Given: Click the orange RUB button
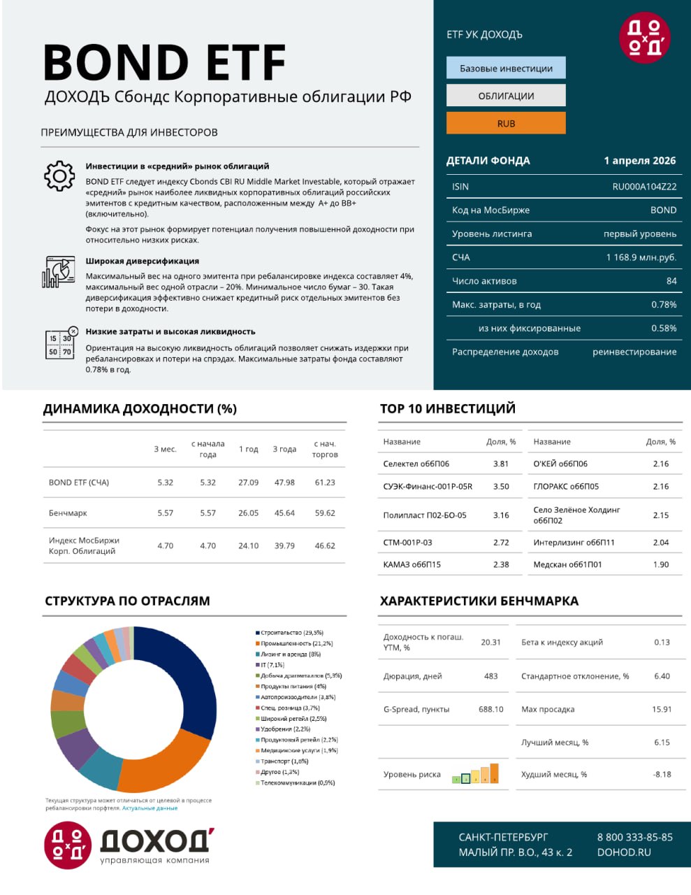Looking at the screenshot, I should click(x=506, y=123).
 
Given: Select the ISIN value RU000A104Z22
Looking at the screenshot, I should click(x=644, y=187).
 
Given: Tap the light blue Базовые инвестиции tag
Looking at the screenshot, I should click(x=506, y=68).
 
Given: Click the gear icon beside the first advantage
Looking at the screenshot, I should click(x=59, y=176).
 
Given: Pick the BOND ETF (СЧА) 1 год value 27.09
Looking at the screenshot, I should click(x=248, y=482).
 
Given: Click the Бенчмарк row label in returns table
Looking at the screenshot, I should click(x=68, y=513).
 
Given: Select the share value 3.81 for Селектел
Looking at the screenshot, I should click(x=501, y=464).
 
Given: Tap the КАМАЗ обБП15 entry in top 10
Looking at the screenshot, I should click(x=412, y=564).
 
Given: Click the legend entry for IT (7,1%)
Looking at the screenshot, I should click(x=272, y=665).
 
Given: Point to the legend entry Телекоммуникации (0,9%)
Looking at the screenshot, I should click(x=297, y=783).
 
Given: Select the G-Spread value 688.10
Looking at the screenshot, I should click(x=490, y=709).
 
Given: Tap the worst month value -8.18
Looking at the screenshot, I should click(x=662, y=774).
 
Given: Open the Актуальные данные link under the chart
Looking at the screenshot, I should click(x=150, y=808).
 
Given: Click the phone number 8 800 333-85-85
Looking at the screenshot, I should click(x=634, y=837).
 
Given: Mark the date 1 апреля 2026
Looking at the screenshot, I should click(x=639, y=160).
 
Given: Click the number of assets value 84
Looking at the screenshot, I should click(x=671, y=281).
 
